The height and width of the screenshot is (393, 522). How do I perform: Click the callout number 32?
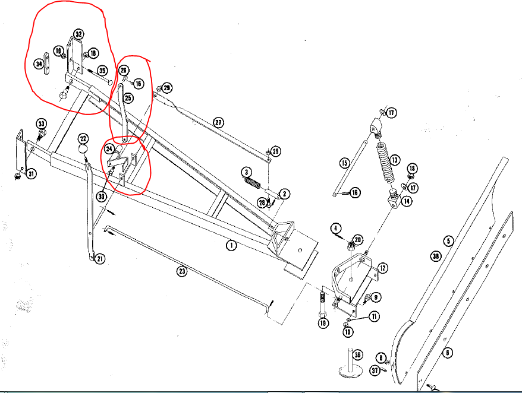point(78,33)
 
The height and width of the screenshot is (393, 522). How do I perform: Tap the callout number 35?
point(102,71)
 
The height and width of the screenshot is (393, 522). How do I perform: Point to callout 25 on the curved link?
point(128,97)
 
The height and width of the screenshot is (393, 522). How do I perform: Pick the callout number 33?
point(42,123)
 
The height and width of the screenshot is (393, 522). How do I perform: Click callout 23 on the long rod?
point(182,272)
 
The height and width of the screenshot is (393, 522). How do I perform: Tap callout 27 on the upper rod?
point(219,123)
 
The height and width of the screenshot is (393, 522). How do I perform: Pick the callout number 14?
point(407,201)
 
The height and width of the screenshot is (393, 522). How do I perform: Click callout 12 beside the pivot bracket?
point(383,268)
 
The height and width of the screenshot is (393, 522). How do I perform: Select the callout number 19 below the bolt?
point(323,324)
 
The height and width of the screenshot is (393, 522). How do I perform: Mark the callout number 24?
point(109,148)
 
